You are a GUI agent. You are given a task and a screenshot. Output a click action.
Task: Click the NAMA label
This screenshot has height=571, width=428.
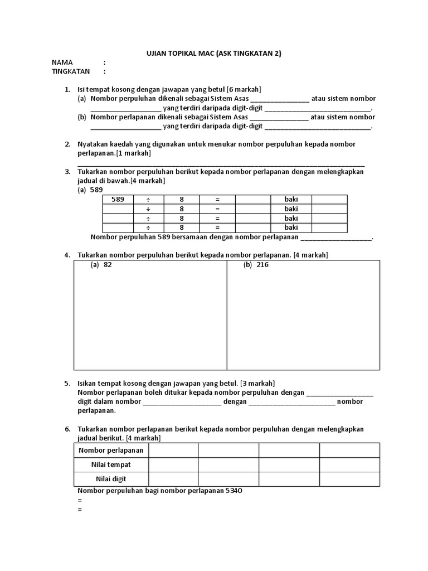tap(62, 62)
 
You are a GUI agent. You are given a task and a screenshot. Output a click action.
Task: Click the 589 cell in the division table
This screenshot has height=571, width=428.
tap(118, 200)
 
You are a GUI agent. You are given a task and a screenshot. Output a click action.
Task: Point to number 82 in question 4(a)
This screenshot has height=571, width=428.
tap(108, 265)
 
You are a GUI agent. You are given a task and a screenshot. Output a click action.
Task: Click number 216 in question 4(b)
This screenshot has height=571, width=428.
tap(262, 265)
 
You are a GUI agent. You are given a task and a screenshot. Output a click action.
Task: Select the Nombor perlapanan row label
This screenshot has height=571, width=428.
tap(111, 450)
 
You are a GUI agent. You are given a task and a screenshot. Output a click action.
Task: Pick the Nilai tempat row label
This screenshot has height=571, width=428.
tap(111, 464)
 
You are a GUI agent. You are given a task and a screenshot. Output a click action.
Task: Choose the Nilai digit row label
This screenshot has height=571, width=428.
tap(111, 479)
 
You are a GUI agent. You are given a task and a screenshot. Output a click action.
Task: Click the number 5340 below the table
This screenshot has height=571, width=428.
tap(233, 491)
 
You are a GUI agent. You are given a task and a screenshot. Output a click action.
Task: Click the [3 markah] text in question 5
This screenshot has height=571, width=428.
tap(257, 384)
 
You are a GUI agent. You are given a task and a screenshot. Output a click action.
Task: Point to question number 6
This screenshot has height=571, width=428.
tap(67, 429)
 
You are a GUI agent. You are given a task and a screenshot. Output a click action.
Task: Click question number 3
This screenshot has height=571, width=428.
tap(67, 172)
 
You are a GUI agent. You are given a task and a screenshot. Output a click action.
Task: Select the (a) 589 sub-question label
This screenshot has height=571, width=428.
tap(90, 190)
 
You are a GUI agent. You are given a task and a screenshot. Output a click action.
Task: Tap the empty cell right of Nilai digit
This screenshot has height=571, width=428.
tap(173, 479)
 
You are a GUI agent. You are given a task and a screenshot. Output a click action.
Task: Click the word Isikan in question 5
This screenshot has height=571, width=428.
tap(89, 384)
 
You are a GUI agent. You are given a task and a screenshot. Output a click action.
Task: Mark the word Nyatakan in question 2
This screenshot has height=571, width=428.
tap(93, 144)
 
